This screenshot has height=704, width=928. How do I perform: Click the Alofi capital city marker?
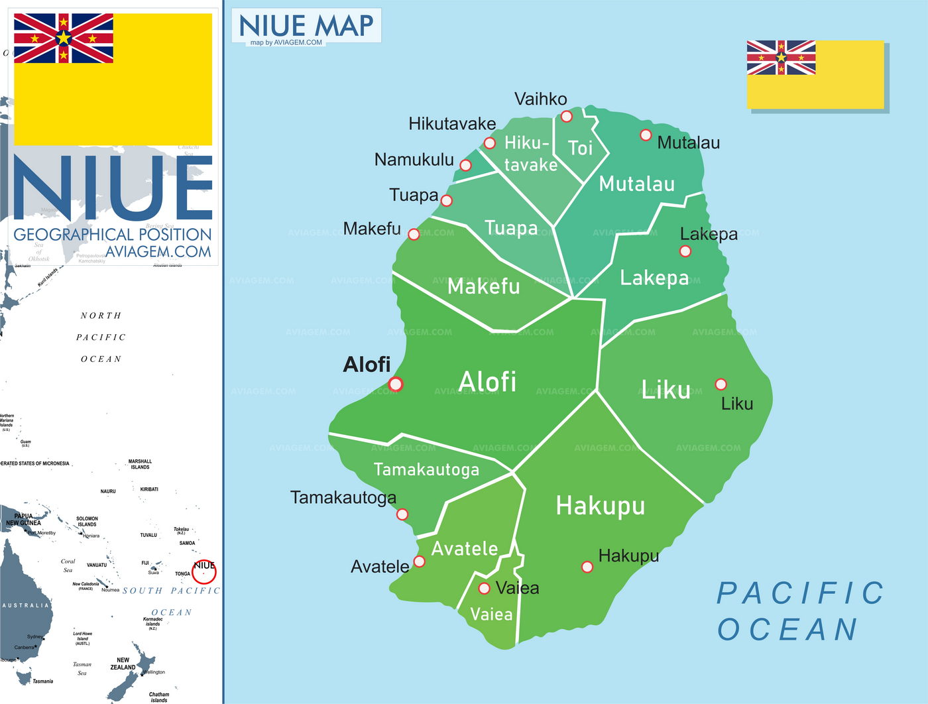click(396, 384)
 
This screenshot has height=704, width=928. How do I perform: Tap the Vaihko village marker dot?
click(566, 117)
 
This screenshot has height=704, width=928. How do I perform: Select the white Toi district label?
click(580, 148)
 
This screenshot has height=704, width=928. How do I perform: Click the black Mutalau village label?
click(688, 143)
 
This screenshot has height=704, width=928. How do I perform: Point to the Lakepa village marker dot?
click(685, 251)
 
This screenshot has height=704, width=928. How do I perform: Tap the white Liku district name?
click(666, 390)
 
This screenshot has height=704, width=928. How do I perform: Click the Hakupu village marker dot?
click(587, 567)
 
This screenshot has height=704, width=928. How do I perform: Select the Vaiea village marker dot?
click(485, 589)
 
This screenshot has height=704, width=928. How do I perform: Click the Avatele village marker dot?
click(419, 561)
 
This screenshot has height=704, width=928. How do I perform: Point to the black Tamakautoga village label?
click(343, 497)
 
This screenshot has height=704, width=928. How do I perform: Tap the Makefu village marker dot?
click(414, 234)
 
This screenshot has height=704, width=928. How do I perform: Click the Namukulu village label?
click(414, 160)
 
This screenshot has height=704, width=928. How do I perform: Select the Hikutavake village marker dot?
click(489, 143)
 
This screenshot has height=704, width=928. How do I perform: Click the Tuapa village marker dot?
click(447, 200)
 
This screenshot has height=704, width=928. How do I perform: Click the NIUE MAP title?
click(306, 26)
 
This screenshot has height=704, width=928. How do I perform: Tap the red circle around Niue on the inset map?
click(204, 571)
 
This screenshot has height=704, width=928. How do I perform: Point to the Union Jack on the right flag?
click(781, 57)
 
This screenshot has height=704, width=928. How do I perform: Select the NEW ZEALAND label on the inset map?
click(123, 664)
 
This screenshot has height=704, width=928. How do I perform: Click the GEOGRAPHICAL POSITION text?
click(112, 235)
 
